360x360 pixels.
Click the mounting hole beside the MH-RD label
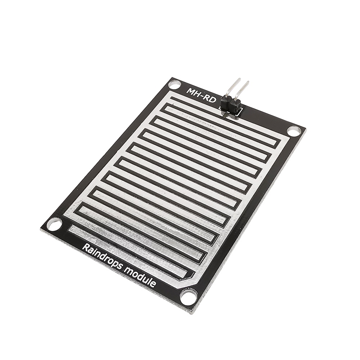(175, 85)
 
